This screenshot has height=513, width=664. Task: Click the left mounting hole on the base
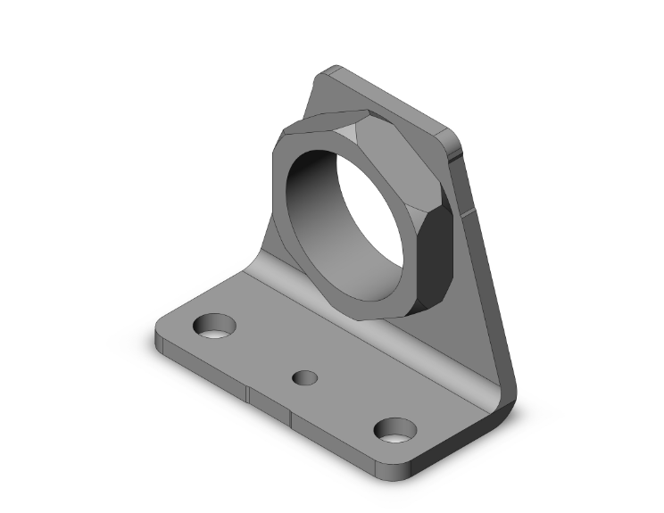click(214, 327)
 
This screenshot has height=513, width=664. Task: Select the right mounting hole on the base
click(394, 431)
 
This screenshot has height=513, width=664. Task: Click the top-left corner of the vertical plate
click(328, 71)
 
